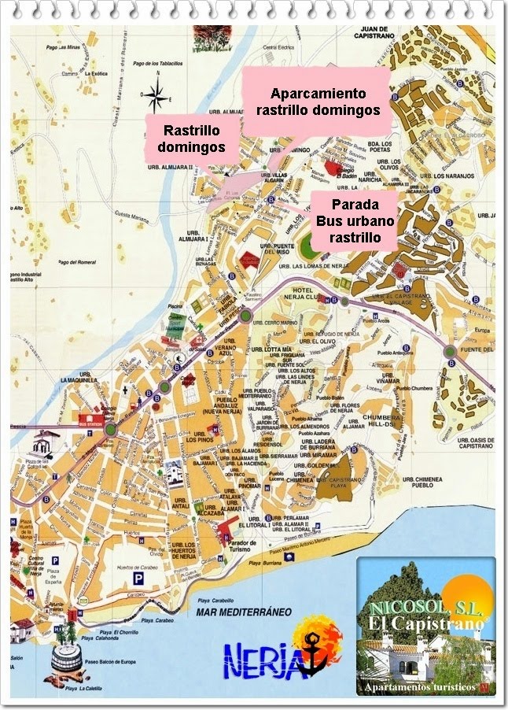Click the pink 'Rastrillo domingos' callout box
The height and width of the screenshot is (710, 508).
191,139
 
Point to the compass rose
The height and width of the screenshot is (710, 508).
156,96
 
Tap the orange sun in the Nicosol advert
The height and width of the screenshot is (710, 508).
464,591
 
